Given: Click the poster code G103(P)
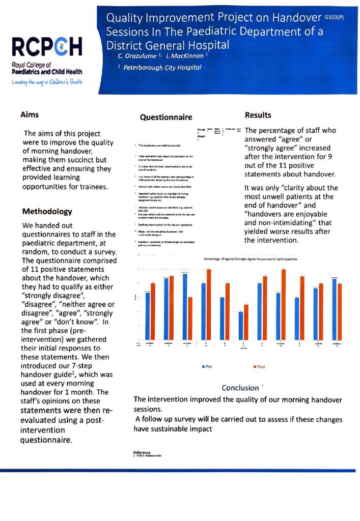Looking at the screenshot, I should coord(334,17).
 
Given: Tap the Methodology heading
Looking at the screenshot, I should coord(47,212).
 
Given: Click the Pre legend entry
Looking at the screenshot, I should coord(207,366).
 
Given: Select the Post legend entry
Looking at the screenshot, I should coord(259,366).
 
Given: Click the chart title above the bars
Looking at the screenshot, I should coord(250,259).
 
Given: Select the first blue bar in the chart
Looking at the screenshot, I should coord(148,315).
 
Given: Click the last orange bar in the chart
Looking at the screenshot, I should coord(340,311).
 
